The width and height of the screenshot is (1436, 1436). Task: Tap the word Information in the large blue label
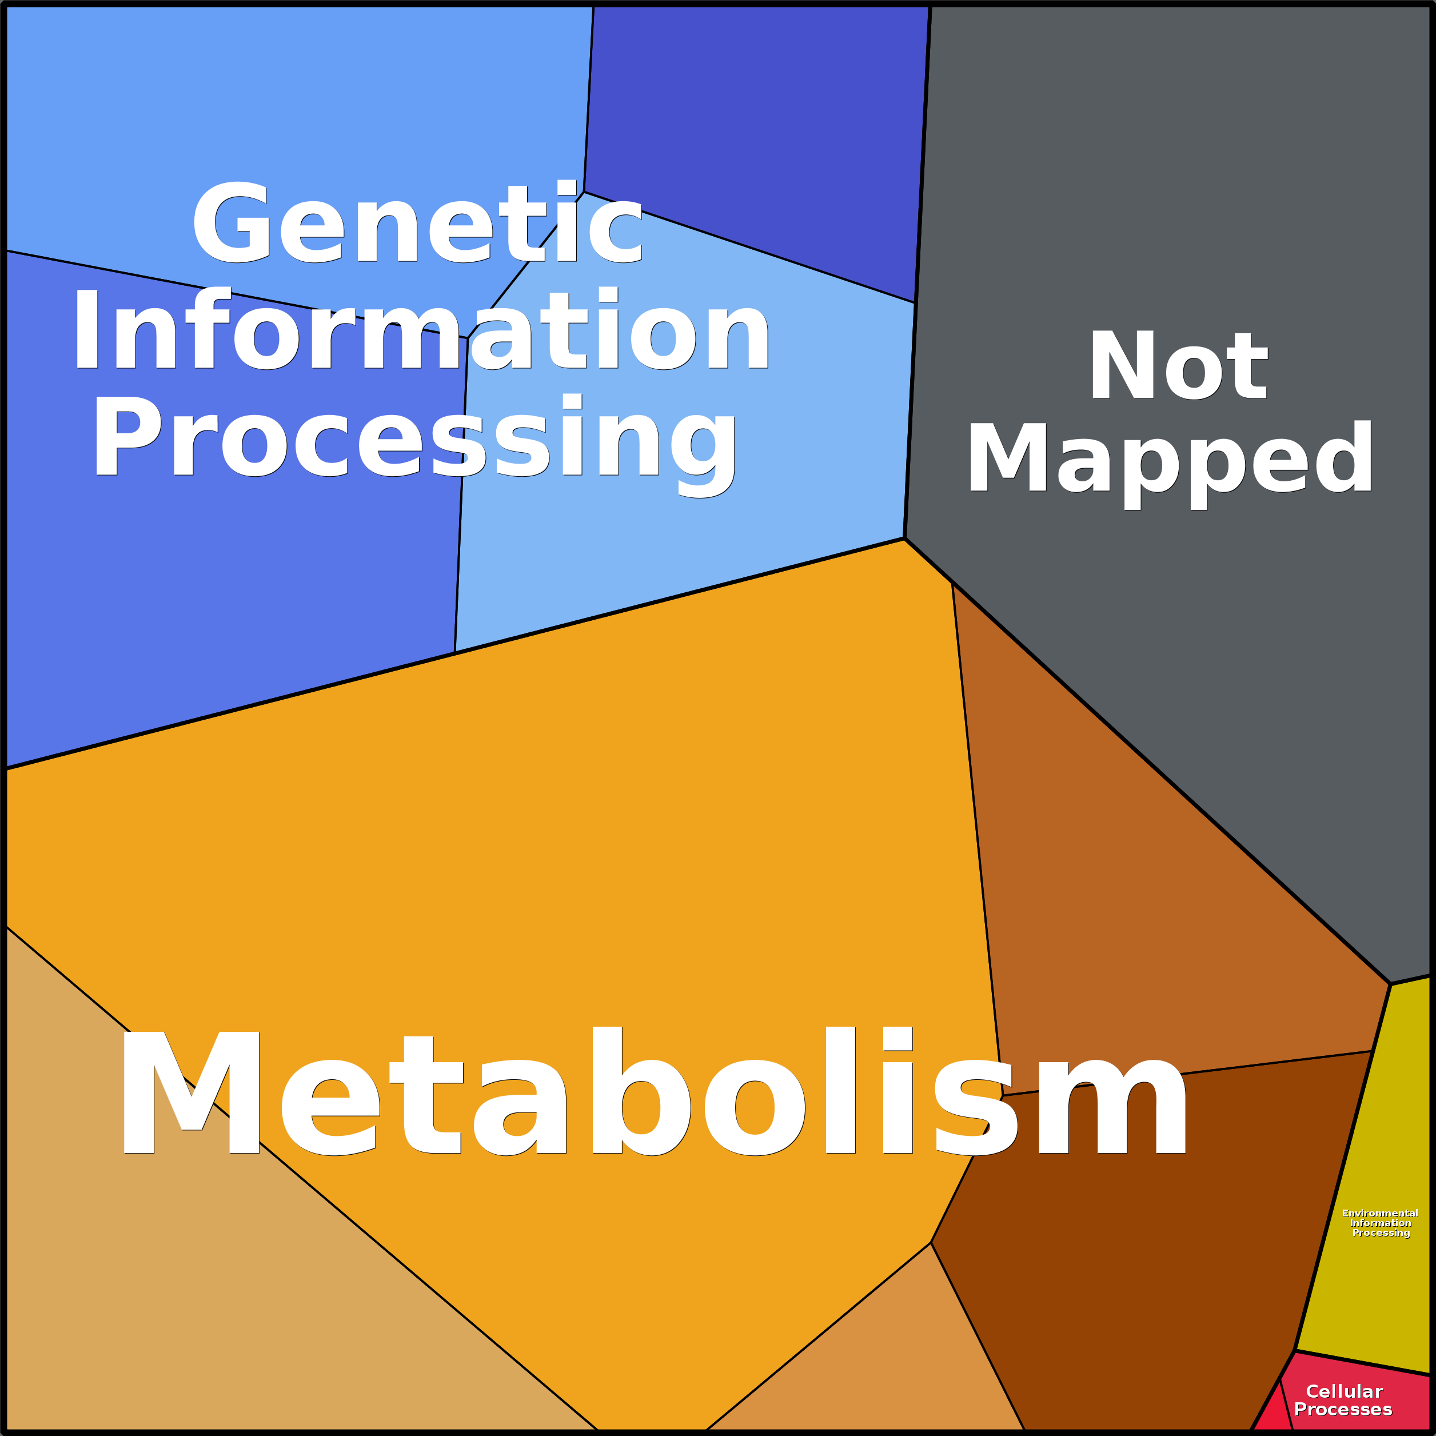pyautogui.click(x=421, y=329)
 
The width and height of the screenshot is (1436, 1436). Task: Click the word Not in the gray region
pyautogui.click(x=1178, y=366)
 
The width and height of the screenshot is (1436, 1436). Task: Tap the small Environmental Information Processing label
pyautogui.click(x=1380, y=1223)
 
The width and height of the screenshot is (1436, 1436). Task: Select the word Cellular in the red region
pyautogui.click(x=1344, y=1391)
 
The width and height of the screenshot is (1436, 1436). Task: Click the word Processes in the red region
pyautogui.click(x=1342, y=1409)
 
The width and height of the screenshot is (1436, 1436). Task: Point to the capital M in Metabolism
pyautogui.click(x=191, y=1092)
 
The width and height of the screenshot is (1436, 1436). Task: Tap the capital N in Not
pyautogui.click(x=1122, y=366)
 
